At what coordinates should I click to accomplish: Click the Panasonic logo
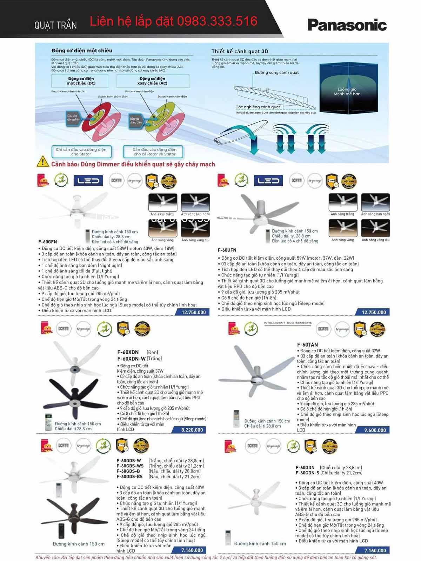pyautogui.click(x=347, y=25)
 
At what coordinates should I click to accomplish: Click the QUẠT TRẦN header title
pyautogui.click(x=55, y=25)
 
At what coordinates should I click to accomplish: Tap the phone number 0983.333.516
pyautogui.click(x=217, y=21)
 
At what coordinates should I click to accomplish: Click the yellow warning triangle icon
pyautogui.click(x=43, y=162)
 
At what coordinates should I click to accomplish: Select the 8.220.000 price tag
pyautogui.click(x=192, y=430)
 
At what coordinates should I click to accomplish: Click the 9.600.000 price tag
pyautogui.click(x=374, y=430)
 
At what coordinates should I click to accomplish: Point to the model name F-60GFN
pyautogui.click(x=48, y=242)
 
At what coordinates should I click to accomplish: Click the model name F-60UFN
pyautogui.click(x=227, y=250)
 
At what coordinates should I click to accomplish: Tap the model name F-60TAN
pyautogui.click(x=307, y=345)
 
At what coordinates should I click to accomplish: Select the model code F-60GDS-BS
pyautogui.click(x=129, y=477)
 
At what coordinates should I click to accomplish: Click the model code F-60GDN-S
pyautogui.click(x=307, y=473)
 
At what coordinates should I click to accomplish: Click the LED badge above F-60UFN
pyautogui.click(x=268, y=181)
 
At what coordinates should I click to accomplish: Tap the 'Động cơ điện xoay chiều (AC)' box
pyautogui.click(x=153, y=81)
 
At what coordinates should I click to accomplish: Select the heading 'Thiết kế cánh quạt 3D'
pyautogui.click(x=240, y=51)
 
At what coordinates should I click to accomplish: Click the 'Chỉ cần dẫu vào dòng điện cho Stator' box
pyautogui.click(x=81, y=152)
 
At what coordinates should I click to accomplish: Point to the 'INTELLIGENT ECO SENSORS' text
pyautogui.click(x=287, y=322)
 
